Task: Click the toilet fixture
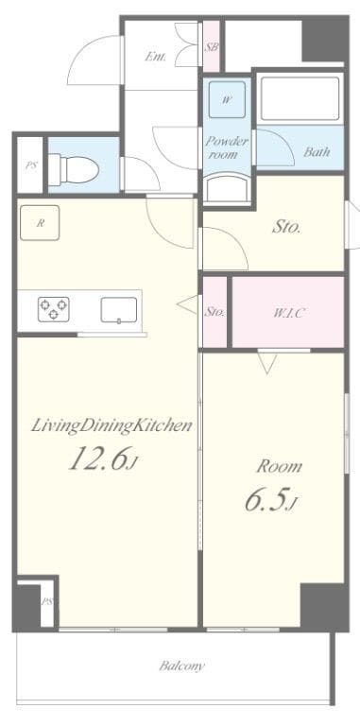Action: [74, 169]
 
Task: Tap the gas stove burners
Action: [54, 309]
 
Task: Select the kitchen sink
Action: [119, 310]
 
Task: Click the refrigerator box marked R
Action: [40, 223]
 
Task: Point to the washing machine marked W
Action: [226, 99]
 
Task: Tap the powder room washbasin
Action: [228, 188]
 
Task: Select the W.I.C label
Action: [288, 314]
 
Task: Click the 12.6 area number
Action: [98, 458]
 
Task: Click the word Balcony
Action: [181, 666]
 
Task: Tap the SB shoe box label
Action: [212, 46]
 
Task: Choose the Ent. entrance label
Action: [156, 57]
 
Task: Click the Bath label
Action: [317, 151]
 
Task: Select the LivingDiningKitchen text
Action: [111, 426]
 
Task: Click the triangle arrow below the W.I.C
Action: [267, 363]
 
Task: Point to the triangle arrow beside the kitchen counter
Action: [188, 304]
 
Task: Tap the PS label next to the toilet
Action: [30, 165]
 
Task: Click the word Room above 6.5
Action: [280, 466]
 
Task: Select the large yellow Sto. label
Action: [286, 227]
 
